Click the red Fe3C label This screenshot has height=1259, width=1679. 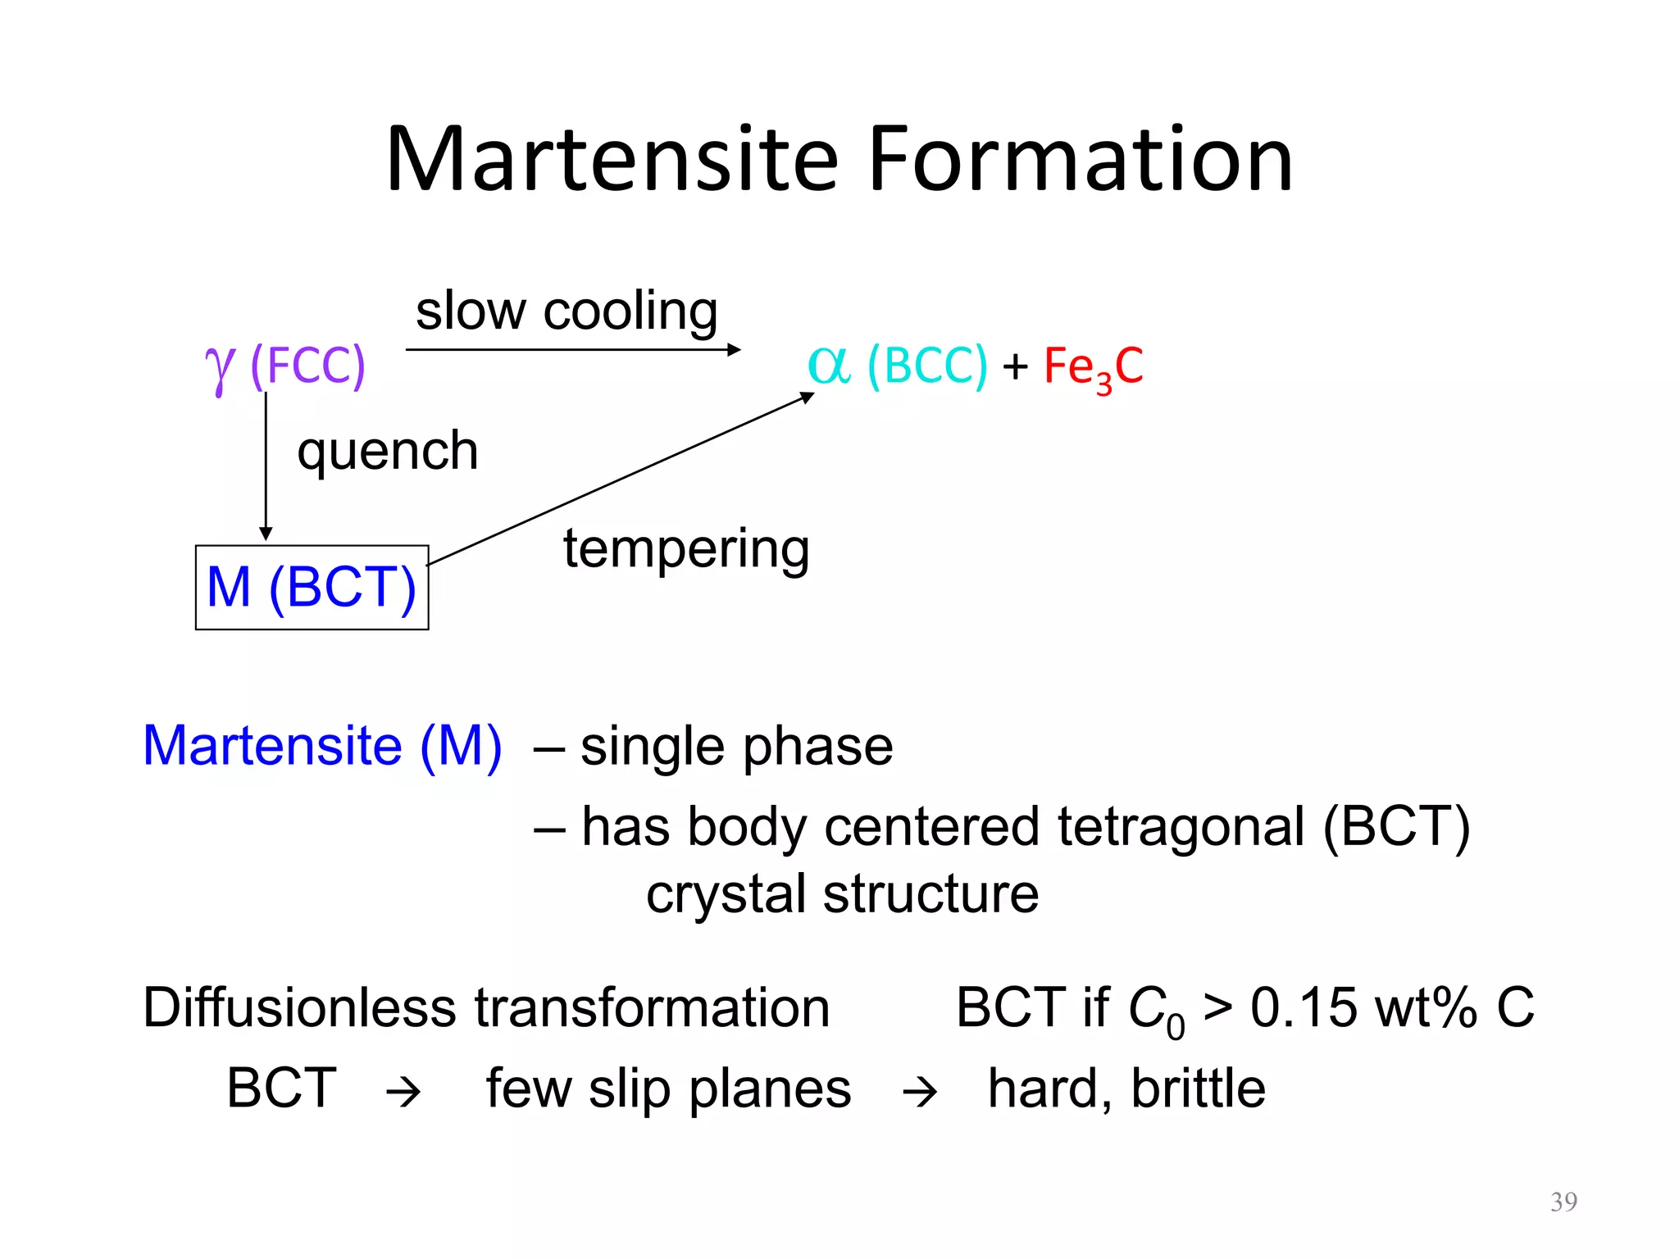[x=1093, y=366]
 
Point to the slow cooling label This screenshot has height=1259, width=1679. [x=566, y=311]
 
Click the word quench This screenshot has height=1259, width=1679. [x=387, y=452]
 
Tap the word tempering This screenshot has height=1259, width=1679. [x=686, y=549]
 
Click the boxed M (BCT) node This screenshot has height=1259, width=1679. [x=312, y=588]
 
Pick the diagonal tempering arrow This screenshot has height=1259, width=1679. [x=620, y=480]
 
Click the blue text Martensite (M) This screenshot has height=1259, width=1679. [x=322, y=746]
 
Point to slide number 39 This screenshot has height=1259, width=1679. [x=1563, y=1202]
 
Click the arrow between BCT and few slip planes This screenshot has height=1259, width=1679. [x=403, y=1092]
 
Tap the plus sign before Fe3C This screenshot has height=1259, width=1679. [x=1015, y=366]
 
